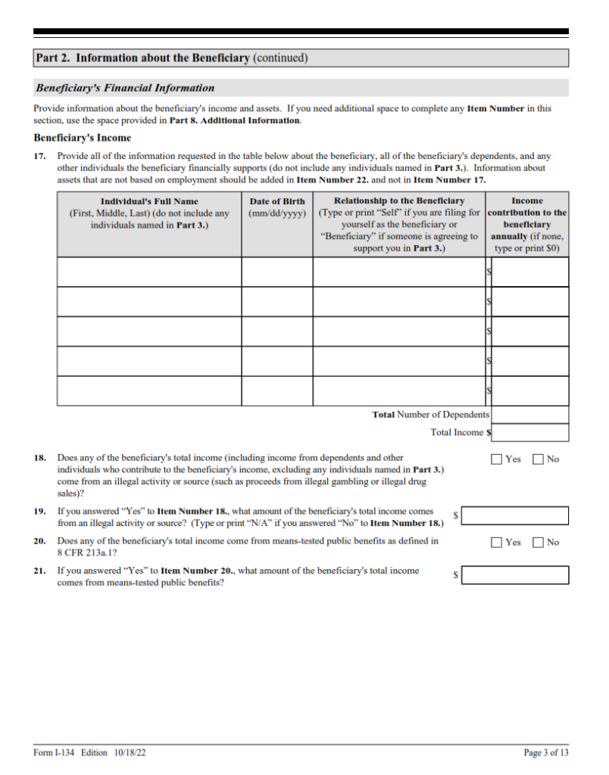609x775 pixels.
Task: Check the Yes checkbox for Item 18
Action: [x=497, y=459]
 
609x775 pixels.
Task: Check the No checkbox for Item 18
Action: [x=539, y=459]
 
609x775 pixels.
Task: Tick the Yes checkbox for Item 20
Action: [x=497, y=542]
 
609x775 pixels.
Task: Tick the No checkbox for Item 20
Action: [x=539, y=542]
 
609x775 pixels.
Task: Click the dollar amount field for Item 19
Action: [x=515, y=515]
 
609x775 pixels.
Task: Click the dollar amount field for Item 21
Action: [x=515, y=575]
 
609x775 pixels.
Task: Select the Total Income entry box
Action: [x=530, y=433]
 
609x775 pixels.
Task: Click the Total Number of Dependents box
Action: [x=530, y=415]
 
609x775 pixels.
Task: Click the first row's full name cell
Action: [x=149, y=272]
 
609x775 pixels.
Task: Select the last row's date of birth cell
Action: [x=277, y=391]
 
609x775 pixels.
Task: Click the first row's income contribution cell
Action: [x=530, y=272]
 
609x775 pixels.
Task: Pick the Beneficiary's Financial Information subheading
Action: [x=125, y=88]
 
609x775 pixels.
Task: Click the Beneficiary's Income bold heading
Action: [x=83, y=138]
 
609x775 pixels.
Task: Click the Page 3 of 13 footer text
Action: [x=545, y=752]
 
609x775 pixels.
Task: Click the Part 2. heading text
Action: [x=172, y=58]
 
